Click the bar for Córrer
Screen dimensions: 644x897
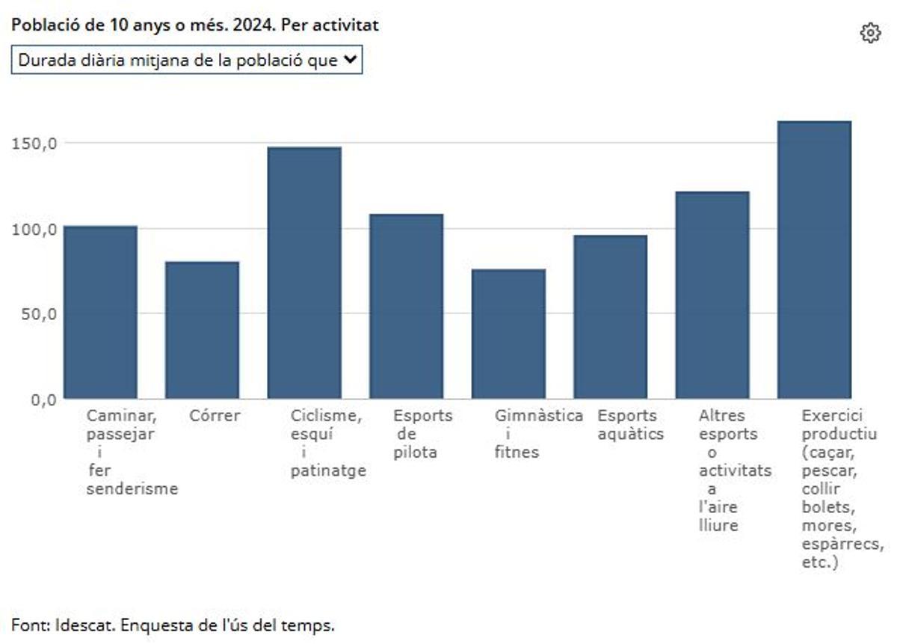(202, 330)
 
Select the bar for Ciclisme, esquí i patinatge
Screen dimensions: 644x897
(304, 272)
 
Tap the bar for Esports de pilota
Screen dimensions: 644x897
(406, 306)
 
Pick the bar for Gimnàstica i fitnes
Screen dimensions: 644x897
(508, 334)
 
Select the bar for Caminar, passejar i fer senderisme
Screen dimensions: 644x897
(100, 312)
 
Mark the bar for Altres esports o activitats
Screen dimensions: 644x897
(712, 295)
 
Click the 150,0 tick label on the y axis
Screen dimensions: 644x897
(34, 144)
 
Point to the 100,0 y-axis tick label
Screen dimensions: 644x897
(34, 229)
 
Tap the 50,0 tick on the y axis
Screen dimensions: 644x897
(38, 314)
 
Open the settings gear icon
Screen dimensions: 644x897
(870, 34)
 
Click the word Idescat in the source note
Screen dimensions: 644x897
(82, 625)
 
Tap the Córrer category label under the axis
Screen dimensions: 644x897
(215, 416)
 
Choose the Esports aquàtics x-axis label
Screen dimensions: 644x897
(630, 425)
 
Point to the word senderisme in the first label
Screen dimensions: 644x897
(132, 489)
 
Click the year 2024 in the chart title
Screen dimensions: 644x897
(238, 25)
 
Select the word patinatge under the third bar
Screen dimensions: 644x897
(328, 470)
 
